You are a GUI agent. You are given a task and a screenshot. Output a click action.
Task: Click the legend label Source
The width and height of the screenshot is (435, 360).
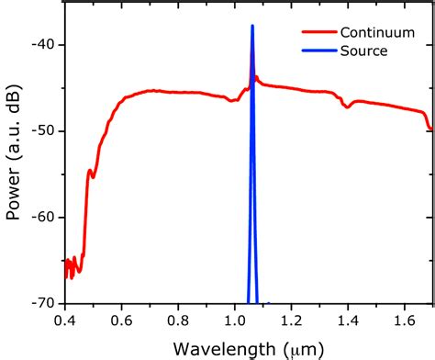[x=363, y=51]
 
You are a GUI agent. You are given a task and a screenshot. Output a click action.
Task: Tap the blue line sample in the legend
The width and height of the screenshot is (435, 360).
[x=315, y=51]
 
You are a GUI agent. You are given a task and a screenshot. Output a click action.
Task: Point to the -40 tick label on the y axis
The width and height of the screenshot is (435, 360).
[x=40, y=45]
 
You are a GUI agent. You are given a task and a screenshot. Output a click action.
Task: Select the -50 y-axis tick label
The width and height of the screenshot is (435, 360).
[x=40, y=131]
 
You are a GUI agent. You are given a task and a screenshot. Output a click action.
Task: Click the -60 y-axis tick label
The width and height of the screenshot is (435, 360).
[x=40, y=218]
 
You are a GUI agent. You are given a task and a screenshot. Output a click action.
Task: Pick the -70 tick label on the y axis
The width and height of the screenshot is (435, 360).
[x=40, y=303]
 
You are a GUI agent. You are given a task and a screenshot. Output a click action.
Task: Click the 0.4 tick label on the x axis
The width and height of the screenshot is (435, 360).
[x=65, y=321]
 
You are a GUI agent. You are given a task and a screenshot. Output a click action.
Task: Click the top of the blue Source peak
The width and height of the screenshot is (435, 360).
[x=251, y=27]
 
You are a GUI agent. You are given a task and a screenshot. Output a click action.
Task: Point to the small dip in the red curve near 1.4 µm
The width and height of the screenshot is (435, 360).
[x=347, y=107]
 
